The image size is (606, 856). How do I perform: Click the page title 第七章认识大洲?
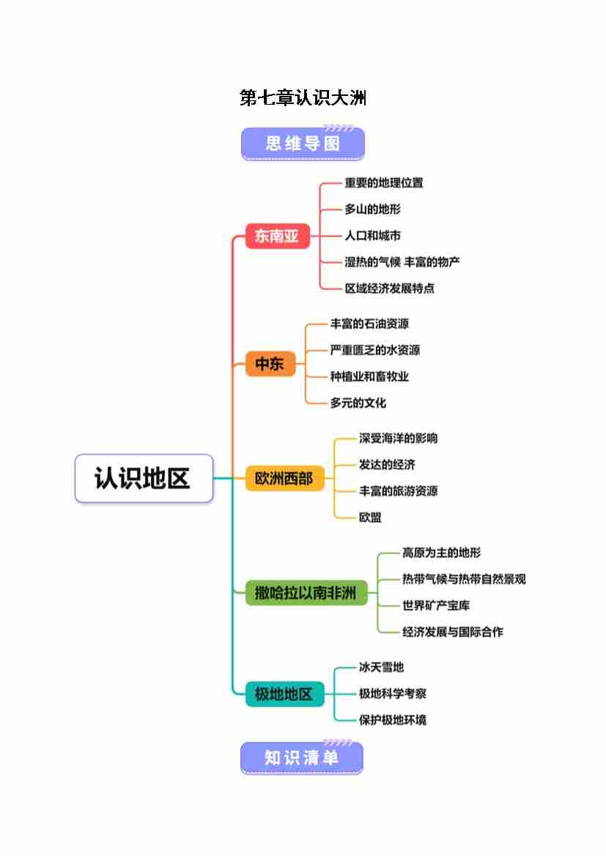(303, 97)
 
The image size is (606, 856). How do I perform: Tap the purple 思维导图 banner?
(303, 144)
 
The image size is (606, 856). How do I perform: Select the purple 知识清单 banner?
(302, 758)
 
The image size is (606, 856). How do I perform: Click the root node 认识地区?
(144, 478)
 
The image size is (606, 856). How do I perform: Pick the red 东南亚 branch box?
(277, 236)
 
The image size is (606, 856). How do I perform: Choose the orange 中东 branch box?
(270, 363)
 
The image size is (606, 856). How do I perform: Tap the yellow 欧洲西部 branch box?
(284, 478)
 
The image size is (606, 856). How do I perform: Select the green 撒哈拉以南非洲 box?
(305, 592)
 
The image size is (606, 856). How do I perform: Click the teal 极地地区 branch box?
(284, 693)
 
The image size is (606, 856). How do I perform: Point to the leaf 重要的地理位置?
(384, 183)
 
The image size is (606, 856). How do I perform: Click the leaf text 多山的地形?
(373, 209)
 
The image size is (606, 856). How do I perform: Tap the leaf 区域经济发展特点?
(390, 289)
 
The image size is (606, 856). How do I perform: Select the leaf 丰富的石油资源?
(369, 324)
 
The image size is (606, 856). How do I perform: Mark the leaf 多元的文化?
(358, 403)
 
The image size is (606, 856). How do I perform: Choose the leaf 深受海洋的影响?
(398, 439)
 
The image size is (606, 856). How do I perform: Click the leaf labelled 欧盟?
(370, 518)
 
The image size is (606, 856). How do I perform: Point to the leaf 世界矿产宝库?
(436, 606)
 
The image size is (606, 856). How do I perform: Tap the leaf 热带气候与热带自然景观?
(464, 579)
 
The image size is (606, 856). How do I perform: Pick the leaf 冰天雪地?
(381, 667)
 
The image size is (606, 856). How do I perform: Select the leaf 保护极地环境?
(392, 720)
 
